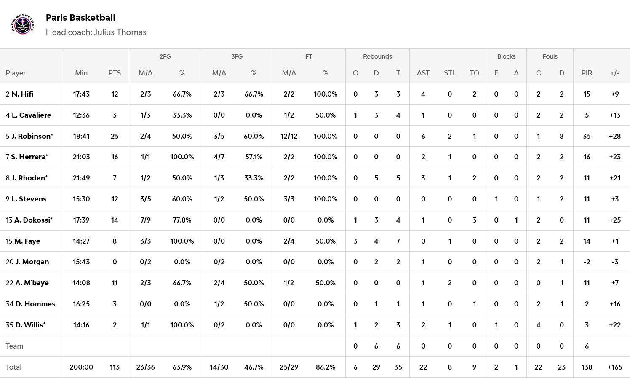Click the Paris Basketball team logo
click(x=22, y=24)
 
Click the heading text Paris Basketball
click(x=80, y=18)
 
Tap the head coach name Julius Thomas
click(x=120, y=32)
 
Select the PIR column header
click(x=587, y=73)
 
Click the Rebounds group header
click(x=377, y=56)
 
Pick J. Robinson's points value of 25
click(x=115, y=136)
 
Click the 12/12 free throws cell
click(x=289, y=136)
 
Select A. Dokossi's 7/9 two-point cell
click(x=145, y=220)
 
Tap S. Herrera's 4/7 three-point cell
click(x=219, y=157)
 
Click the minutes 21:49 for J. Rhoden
click(x=81, y=178)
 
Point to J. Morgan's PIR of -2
click(x=587, y=262)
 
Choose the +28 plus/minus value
click(x=615, y=136)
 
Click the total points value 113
click(x=115, y=367)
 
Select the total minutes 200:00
click(x=81, y=367)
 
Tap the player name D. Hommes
click(x=35, y=304)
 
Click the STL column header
click(x=450, y=73)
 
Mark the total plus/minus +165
click(x=615, y=367)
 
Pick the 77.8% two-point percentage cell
click(x=182, y=220)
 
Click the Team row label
click(x=15, y=346)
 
